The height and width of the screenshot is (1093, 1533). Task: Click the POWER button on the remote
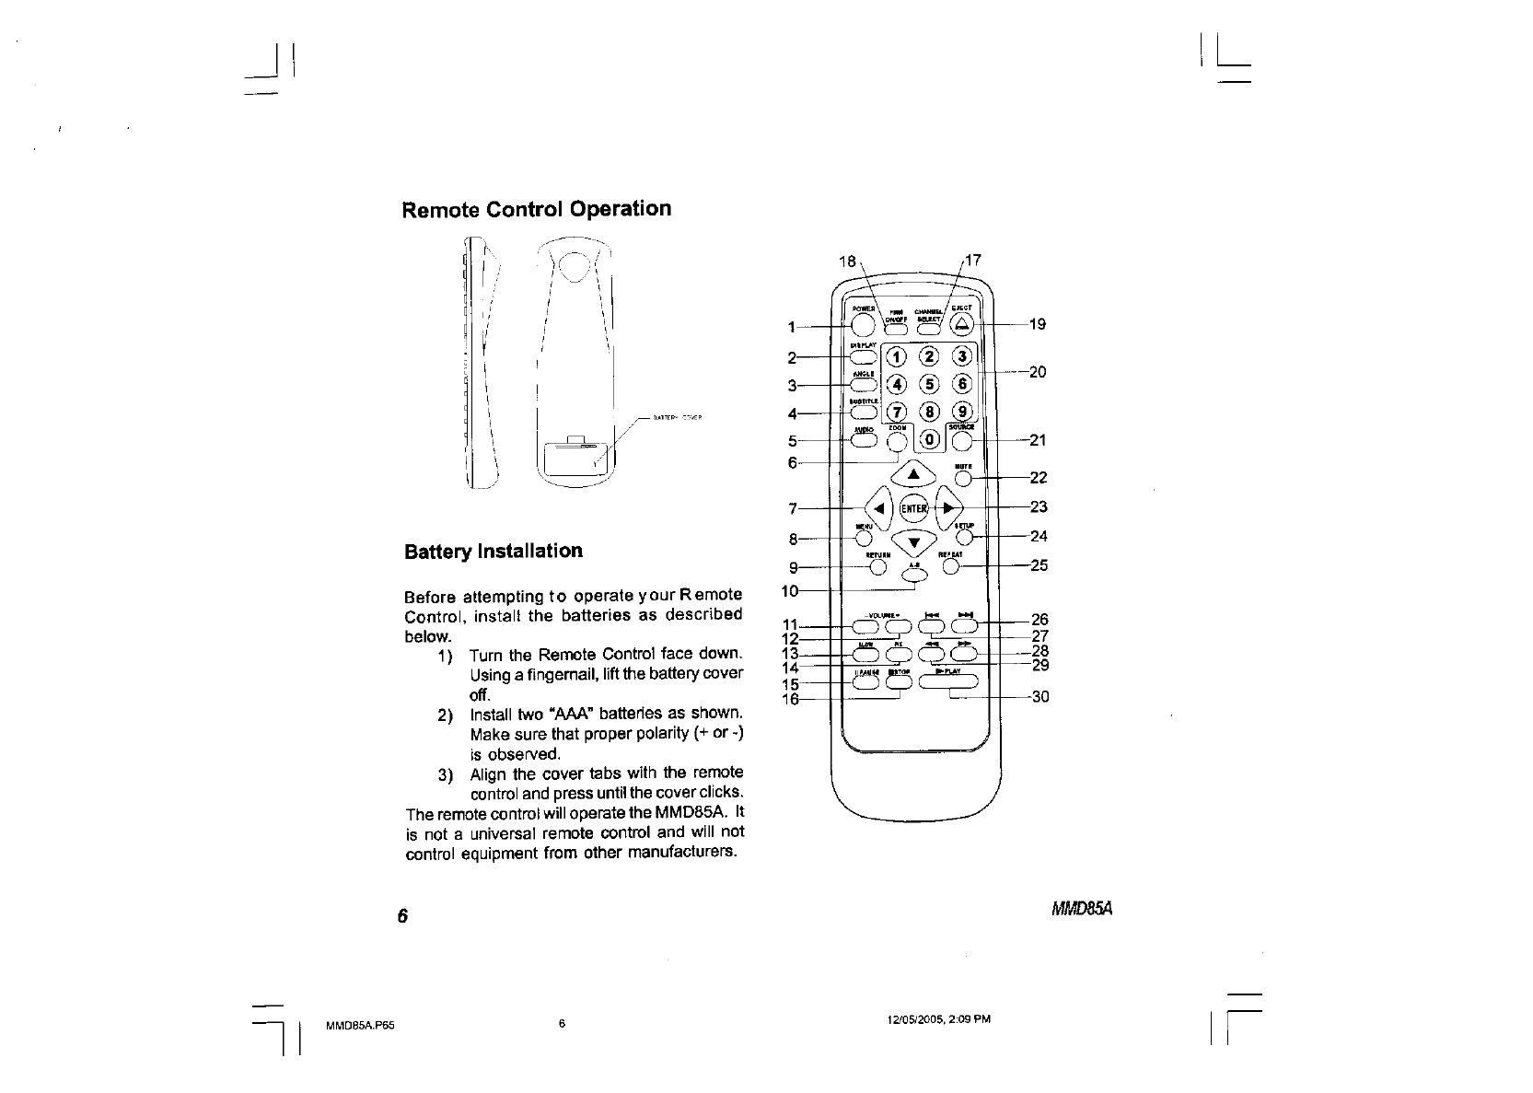pos(862,324)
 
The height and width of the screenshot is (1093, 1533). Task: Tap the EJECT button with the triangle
pos(962,323)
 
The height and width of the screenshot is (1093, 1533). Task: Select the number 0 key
pos(931,440)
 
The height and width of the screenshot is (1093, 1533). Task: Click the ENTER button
pos(913,507)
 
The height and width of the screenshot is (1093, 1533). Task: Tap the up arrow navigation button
pos(913,474)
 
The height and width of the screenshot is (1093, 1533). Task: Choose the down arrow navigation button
pos(913,541)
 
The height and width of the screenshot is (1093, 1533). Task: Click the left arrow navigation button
pos(879,507)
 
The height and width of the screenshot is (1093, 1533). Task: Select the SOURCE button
pos(962,442)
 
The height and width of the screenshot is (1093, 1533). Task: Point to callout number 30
pos(1040,697)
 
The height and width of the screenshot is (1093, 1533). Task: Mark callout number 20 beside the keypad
pos(1038,372)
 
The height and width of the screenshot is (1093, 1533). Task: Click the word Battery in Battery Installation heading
pos(438,552)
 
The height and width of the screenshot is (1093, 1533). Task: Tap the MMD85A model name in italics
pos(1083,910)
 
